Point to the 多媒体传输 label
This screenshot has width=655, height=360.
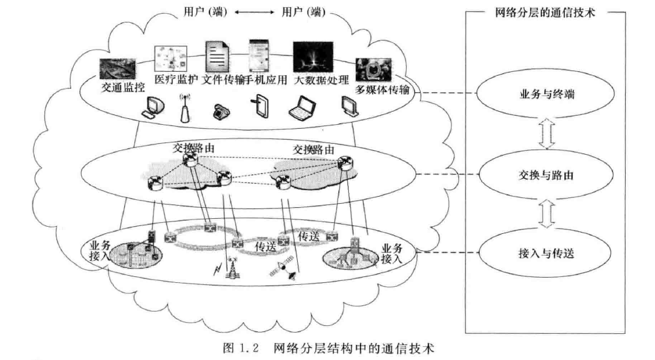click(x=383, y=89)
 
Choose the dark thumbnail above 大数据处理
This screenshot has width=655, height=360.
click(x=311, y=58)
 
